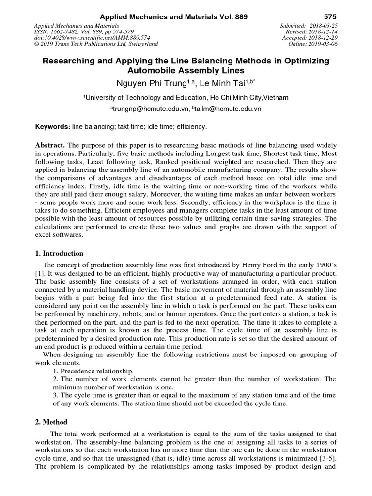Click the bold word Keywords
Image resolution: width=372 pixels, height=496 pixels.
(x=53, y=127)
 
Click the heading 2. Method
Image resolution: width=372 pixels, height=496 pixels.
(x=51, y=422)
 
